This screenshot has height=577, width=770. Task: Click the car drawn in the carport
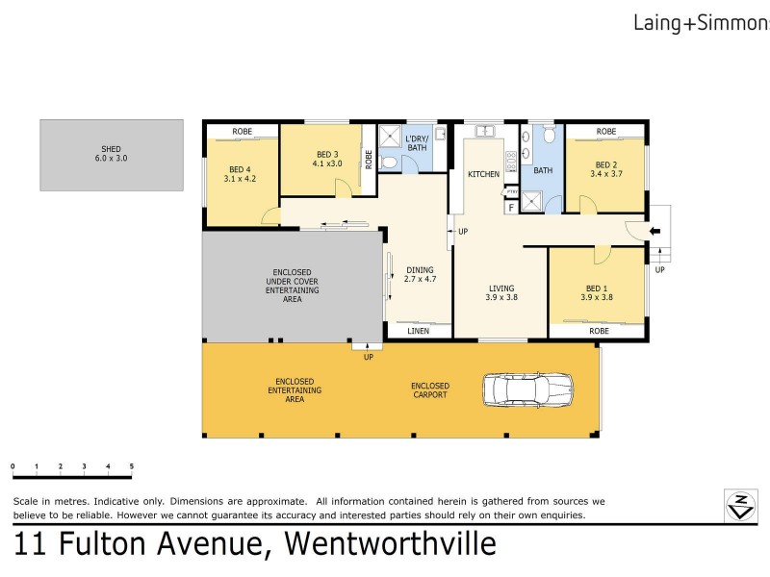(x=527, y=389)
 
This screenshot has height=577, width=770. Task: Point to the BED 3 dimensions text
(x=327, y=163)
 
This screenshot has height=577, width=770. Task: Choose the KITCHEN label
(x=483, y=174)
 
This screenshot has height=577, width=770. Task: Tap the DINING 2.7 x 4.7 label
(x=421, y=275)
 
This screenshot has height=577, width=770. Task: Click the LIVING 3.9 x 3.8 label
(x=500, y=292)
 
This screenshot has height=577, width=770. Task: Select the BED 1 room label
(x=597, y=292)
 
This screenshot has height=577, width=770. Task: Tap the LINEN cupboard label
(x=418, y=331)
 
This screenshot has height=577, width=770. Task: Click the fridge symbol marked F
(x=510, y=206)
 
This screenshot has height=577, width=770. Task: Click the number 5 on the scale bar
(x=131, y=466)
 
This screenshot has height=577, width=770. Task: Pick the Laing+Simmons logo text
(x=701, y=20)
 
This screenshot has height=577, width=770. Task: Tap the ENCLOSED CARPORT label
(x=430, y=390)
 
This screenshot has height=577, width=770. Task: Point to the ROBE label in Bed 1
(x=599, y=331)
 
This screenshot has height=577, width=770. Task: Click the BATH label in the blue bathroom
(x=543, y=171)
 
